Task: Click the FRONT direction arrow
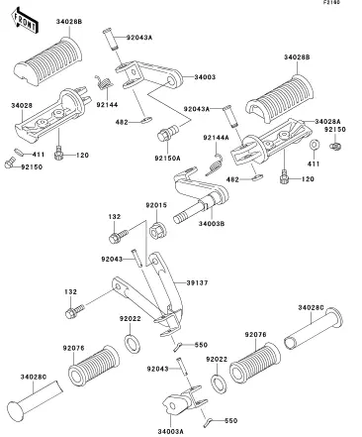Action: tap(25, 21)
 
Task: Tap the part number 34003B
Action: tap(212, 224)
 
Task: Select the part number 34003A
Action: tap(170, 431)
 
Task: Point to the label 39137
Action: tap(197, 282)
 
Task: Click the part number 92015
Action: tap(156, 205)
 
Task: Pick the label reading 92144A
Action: tap(216, 138)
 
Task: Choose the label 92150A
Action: tap(167, 159)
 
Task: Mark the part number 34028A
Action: tap(327, 122)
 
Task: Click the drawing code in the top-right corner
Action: tap(331, 2)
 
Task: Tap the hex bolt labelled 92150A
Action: tap(167, 133)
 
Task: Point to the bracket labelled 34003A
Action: tap(185, 401)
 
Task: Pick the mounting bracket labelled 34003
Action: tap(148, 75)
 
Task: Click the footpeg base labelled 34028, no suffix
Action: tap(51, 114)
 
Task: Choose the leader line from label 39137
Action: tap(180, 283)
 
